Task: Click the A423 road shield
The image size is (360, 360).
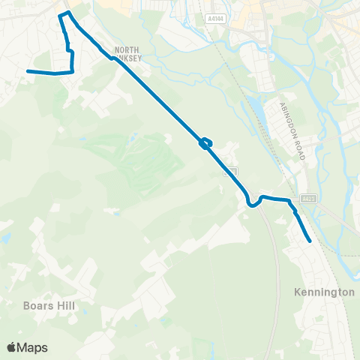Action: coord(307,199)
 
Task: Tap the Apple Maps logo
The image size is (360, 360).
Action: coord(27,346)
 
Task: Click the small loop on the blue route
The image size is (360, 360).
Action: coord(205,143)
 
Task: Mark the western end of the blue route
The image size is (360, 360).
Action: coord(28,71)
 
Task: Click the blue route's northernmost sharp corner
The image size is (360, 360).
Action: coord(69,13)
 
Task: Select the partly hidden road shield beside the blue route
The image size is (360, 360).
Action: coord(231,172)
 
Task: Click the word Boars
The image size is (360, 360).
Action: coord(35,305)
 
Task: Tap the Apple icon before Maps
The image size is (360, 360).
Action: coord(11,346)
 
